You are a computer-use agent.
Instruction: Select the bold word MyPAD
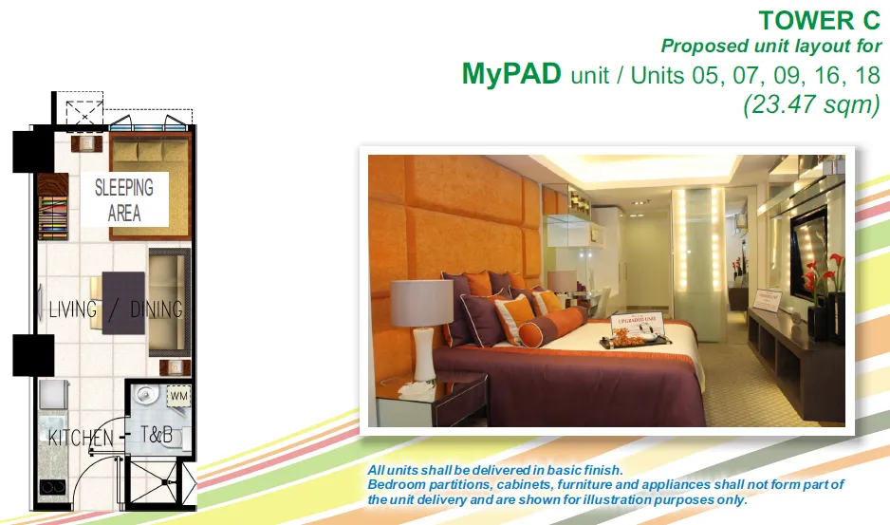tap(511, 75)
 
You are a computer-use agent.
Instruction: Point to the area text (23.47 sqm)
tap(811, 103)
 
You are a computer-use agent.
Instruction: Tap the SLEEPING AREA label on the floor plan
tap(124, 199)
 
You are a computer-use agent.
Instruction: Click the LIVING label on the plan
tap(73, 309)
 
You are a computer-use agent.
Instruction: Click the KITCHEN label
tap(81, 438)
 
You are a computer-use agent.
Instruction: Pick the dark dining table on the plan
tap(122, 302)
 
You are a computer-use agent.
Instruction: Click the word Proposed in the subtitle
tap(703, 46)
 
